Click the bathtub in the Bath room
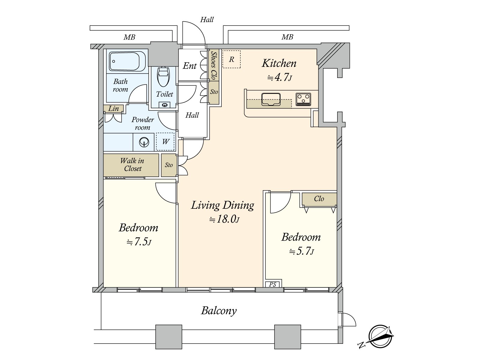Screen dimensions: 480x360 (x=127, y=61)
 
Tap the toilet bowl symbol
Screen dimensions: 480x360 (x=163, y=76)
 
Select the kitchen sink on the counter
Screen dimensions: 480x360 (x=271, y=100)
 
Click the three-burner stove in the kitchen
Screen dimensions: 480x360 (x=303, y=100)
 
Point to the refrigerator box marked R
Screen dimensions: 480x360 (x=231, y=59)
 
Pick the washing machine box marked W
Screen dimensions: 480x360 (x=165, y=142)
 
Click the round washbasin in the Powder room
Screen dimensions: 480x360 (x=144, y=142)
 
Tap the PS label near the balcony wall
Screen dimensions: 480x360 (x=272, y=284)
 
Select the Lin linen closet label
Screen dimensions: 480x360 (x=114, y=108)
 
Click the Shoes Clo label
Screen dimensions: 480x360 (x=214, y=66)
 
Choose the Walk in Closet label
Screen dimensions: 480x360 (x=132, y=165)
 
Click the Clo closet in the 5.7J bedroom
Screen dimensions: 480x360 (x=319, y=199)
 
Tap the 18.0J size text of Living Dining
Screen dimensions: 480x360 (x=224, y=219)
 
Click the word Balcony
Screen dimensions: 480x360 (x=219, y=311)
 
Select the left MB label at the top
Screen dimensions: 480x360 (x=129, y=37)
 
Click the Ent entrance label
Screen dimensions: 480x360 (x=190, y=66)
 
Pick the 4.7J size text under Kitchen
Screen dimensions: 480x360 (x=280, y=77)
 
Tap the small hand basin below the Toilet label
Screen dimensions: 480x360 (x=165, y=105)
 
